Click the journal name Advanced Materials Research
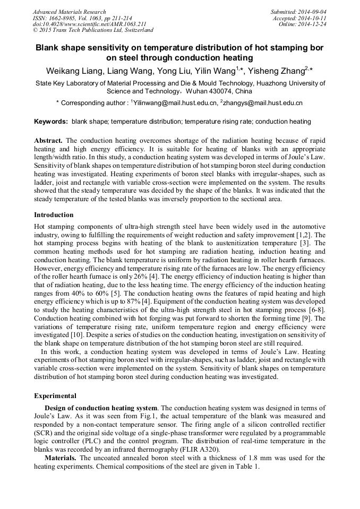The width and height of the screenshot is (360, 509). (69, 12)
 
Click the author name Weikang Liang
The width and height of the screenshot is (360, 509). (74, 71)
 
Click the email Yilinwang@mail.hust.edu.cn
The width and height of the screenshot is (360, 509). (175, 102)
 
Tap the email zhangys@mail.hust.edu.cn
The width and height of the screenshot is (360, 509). (263, 102)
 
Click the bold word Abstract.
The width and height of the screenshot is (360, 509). (48, 141)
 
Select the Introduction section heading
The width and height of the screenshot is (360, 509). (54, 215)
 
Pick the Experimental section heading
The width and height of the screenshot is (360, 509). (55, 396)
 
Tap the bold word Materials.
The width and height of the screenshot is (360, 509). (61, 458)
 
